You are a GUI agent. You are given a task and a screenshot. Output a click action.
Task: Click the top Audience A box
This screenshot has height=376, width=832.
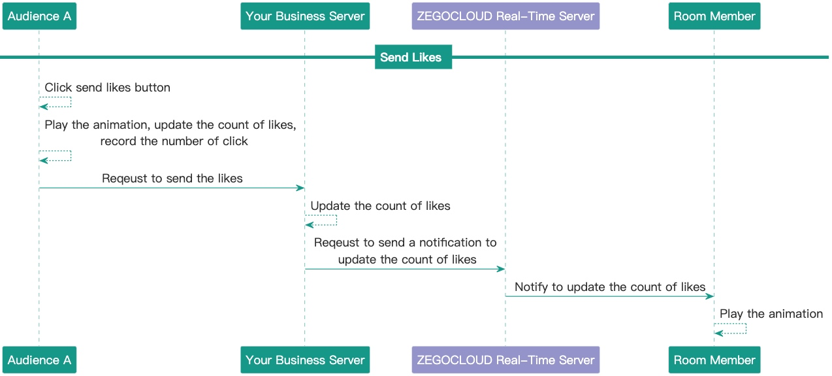(39, 16)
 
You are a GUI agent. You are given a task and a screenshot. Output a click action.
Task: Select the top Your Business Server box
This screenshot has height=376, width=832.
(305, 16)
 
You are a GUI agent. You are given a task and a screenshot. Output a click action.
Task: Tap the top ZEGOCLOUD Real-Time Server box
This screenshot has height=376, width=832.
(505, 16)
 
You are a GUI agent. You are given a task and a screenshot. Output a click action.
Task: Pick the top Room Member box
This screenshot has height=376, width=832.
(714, 16)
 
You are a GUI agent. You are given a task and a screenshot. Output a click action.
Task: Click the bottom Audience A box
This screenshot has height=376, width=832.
(39, 360)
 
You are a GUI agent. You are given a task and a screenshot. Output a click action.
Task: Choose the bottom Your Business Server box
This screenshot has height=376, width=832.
(305, 360)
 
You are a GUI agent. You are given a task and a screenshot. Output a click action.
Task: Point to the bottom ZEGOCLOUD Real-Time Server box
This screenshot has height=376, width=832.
(505, 360)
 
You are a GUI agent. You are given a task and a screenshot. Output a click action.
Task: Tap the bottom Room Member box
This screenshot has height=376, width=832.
(714, 360)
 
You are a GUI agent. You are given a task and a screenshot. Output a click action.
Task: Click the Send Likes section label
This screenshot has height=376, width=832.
(411, 58)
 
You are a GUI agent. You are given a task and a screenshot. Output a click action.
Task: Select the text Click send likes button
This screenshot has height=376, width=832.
(107, 88)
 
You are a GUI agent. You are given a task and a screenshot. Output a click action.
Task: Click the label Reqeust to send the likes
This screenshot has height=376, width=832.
(172, 179)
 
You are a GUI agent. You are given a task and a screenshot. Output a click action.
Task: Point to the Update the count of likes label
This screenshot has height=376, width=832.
(380, 206)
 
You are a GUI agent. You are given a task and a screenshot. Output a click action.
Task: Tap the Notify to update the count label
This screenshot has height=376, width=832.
(610, 287)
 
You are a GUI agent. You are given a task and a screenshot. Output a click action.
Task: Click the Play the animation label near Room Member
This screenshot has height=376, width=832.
(771, 314)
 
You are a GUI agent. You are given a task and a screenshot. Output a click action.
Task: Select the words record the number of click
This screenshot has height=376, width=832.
(174, 141)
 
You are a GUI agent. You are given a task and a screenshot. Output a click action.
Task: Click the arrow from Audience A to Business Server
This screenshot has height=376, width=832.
(172, 188)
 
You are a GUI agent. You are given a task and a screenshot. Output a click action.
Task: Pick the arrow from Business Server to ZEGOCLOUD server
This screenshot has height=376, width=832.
(405, 269)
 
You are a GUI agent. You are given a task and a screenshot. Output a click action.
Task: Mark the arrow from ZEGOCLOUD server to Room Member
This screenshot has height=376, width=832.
(609, 297)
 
